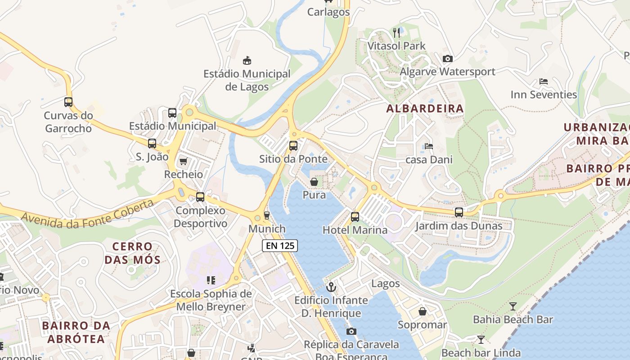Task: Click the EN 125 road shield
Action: click(280, 246)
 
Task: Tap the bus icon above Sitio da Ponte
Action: click(293, 145)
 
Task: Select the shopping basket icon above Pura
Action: click(314, 182)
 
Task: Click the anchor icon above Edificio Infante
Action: click(331, 286)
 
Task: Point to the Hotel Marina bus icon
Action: click(355, 216)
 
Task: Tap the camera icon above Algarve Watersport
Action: click(447, 58)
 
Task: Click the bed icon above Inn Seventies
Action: click(544, 81)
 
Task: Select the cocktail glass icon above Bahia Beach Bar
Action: click(513, 306)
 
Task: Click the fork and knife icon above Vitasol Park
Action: click(396, 32)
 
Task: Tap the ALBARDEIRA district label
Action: click(425, 108)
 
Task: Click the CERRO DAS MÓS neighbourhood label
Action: click(132, 253)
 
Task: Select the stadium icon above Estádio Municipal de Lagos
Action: click(247, 60)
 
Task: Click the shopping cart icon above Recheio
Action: click(183, 161)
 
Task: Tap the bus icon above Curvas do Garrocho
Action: click(68, 102)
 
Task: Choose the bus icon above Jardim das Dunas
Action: click(459, 212)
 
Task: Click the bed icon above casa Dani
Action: click(429, 146)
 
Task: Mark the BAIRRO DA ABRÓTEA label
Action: click(76, 332)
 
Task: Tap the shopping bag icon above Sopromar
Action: click(423, 311)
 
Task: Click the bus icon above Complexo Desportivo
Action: click(200, 197)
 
